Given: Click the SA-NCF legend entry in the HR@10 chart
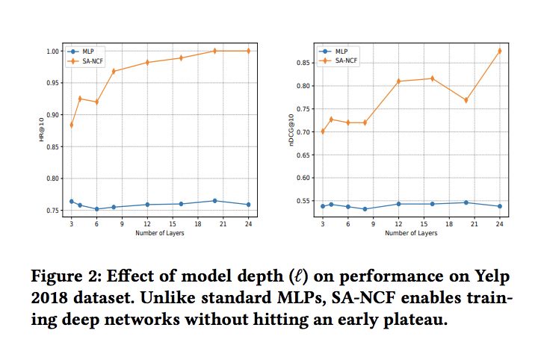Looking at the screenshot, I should click(87, 60).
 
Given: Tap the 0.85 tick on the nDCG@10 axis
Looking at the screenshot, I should click(305, 63).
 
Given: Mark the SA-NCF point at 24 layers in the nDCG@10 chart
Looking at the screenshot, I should click(499, 51).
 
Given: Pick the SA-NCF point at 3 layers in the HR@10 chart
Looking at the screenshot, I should click(72, 125).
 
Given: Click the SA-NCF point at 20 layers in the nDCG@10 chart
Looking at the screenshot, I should click(466, 100).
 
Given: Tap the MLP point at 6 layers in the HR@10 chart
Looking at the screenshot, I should click(96, 209).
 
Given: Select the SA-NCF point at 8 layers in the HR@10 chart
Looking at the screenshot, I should click(114, 71).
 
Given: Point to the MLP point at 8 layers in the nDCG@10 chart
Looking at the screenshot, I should click(365, 209).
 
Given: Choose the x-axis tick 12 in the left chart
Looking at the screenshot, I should click(147, 224).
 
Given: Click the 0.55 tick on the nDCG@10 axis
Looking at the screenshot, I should click(305, 201).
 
